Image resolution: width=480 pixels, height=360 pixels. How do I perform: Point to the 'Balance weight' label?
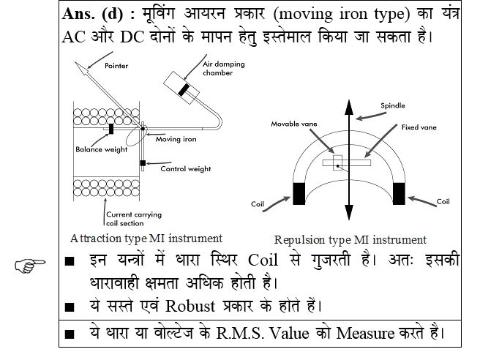coord(100,150)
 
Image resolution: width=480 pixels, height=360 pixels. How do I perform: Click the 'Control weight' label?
coord(185,169)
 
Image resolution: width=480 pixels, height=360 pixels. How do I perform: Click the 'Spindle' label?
coord(392,105)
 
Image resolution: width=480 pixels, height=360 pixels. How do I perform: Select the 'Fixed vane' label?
coord(419,127)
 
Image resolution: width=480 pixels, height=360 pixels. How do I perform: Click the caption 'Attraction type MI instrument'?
coord(146,239)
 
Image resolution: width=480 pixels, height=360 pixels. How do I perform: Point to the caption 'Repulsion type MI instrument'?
coord(350,240)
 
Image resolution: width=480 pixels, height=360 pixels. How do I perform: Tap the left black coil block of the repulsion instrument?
coord(299,193)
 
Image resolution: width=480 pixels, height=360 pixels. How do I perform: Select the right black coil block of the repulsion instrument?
coord(400,193)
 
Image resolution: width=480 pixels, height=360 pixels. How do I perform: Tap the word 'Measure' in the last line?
coord(364,334)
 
